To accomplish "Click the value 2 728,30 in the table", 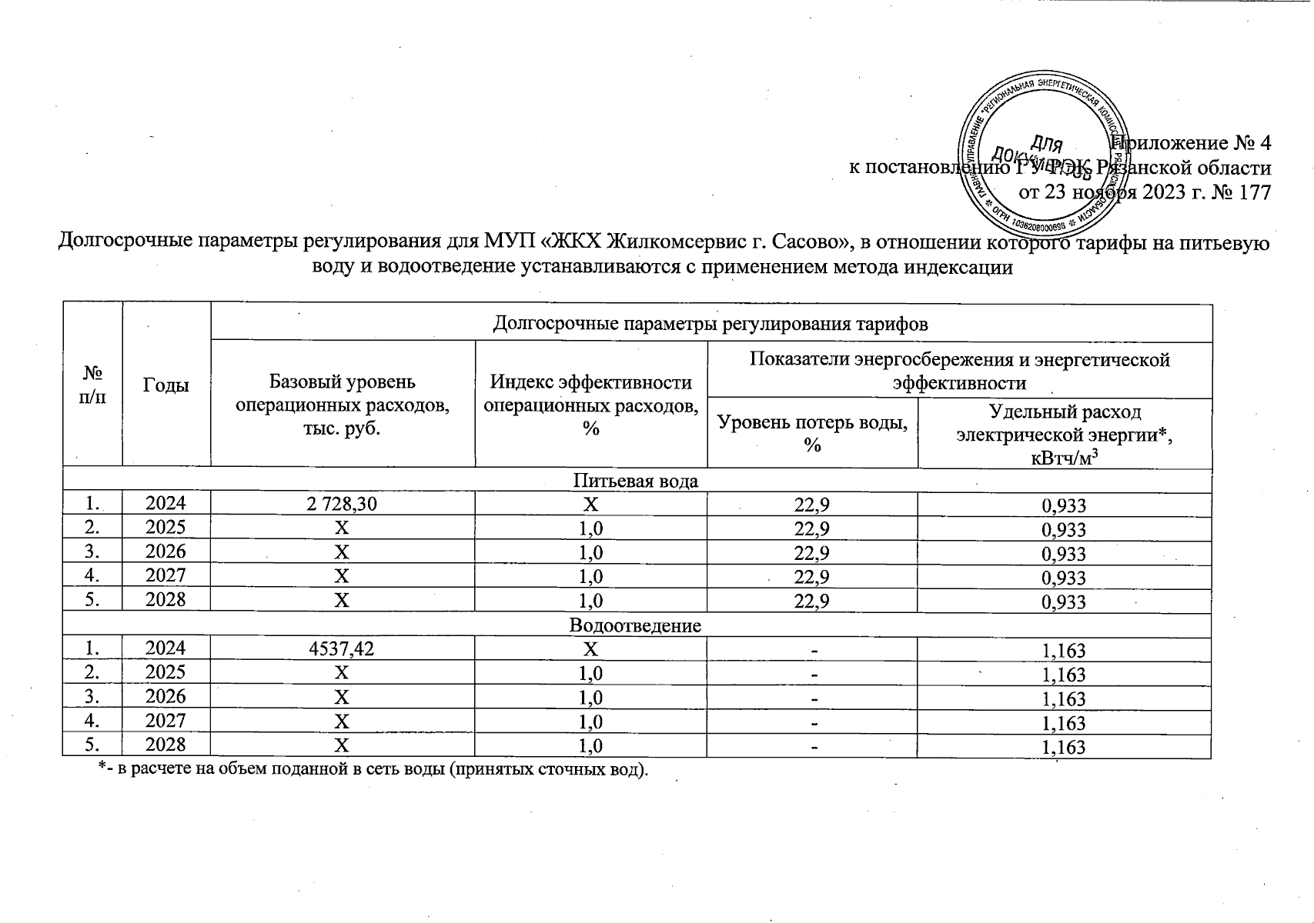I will pos(342,504).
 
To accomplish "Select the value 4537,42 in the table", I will pos(342,648).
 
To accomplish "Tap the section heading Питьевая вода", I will pos(636,481).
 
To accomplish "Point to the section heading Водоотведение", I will pos(636,625).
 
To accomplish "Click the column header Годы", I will pos(166,385).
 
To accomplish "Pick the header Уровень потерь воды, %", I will pos(812,432).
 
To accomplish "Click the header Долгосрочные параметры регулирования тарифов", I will pos(710,324).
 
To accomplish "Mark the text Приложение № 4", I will pos(1193,143).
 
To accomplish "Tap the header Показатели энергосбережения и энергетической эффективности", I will pos(959,371).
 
